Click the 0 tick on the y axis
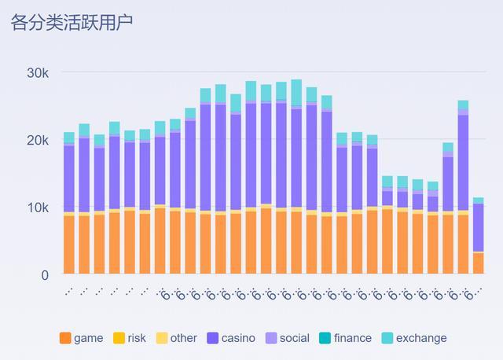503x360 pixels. click(x=45, y=275)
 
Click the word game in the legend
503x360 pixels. click(x=88, y=338)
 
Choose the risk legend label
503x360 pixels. click(x=137, y=338)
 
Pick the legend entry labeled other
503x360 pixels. click(x=183, y=338)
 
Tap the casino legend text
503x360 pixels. click(x=238, y=338)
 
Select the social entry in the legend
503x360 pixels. click(x=294, y=338)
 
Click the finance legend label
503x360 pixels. click(x=352, y=338)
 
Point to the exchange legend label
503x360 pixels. click(x=420, y=338)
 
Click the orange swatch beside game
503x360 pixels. click(x=64, y=338)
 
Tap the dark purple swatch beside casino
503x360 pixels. click(x=212, y=338)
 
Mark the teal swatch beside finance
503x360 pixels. click(x=325, y=338)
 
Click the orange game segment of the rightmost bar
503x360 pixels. click(x=478, y=263)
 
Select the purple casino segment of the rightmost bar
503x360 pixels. click(x=478, y=227)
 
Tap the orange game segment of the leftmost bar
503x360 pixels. click(x=69, y=244)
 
